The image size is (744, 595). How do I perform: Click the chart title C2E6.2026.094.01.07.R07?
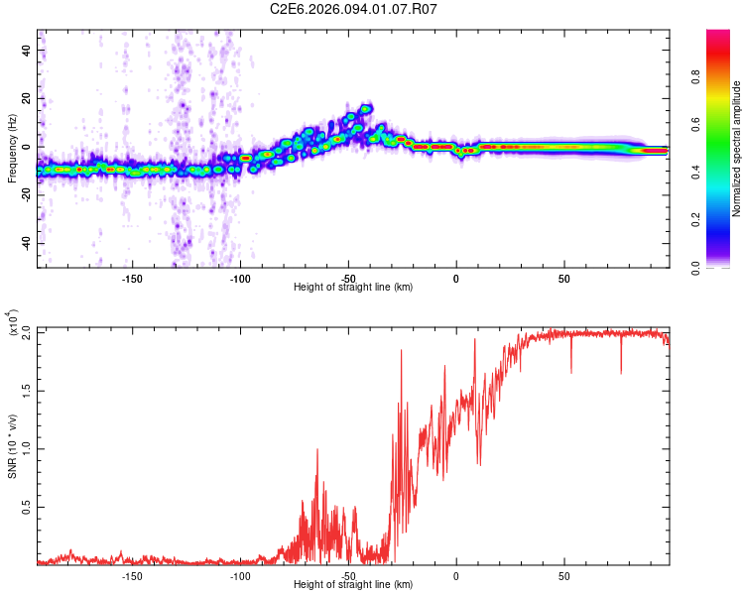coord(354,10)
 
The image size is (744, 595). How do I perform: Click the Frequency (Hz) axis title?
coord(13,148)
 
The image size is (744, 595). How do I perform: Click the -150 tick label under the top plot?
coord(132,279)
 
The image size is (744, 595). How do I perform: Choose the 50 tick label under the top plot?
coord(563,279)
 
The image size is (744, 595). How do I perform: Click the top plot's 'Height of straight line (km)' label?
coord(353,288)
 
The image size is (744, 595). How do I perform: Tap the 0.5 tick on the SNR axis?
coord(26,507)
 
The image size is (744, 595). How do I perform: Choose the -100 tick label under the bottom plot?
coord(240,575)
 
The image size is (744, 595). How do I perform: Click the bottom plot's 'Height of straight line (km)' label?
coord(353,585)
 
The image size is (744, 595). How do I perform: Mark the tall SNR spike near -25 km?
coord(402,351)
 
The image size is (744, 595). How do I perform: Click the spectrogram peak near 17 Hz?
coord(366,108)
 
